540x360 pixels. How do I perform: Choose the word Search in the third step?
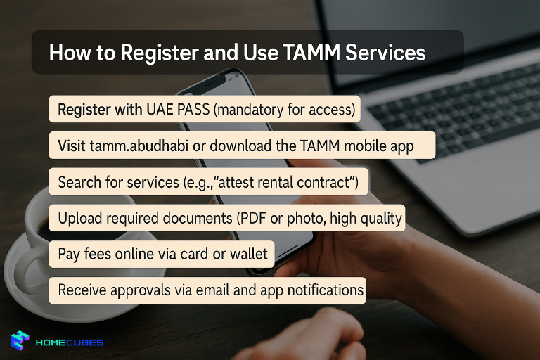(79, 183)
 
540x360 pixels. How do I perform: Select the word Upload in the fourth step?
(79, 218)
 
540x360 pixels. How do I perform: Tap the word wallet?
(249, 254)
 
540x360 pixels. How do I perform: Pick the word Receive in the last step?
(82, 290)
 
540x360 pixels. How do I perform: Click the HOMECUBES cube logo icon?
(19, 341)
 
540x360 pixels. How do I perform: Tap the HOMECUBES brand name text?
(70, 342)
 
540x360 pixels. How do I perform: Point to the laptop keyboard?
(450, 105)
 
